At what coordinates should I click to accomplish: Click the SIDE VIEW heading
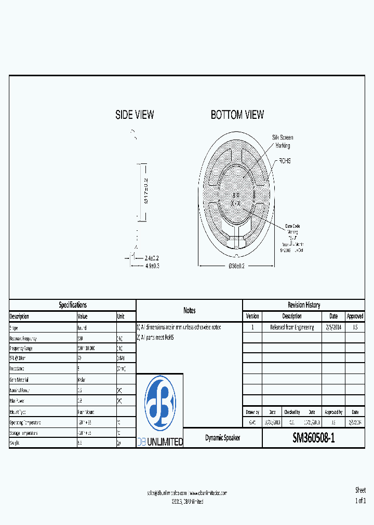point(135,115)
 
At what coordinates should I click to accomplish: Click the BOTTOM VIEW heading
point(237,115)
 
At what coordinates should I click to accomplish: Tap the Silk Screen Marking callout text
point(283,142)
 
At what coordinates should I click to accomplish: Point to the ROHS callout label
point(285,161)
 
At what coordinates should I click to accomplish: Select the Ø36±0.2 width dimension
point(236,266)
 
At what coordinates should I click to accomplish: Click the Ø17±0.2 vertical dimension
point(146,192)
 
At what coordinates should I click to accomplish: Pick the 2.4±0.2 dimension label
point(152,258)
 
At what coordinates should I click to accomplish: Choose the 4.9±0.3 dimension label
point(152,266)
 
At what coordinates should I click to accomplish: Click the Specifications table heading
point(73,305)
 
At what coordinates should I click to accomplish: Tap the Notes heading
point(190,310)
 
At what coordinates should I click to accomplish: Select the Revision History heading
point(304,305)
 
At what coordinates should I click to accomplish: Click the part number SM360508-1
point(313,438)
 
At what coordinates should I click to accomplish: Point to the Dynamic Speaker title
point(222,438)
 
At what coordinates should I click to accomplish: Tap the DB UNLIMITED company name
point(160,442)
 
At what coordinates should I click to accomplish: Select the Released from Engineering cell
point(292,327)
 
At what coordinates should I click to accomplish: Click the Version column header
point(252,316)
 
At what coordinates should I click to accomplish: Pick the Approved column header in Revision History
point(355,316)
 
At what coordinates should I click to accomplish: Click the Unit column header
point(121,316)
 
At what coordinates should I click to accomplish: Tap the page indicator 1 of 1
point(360,501)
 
